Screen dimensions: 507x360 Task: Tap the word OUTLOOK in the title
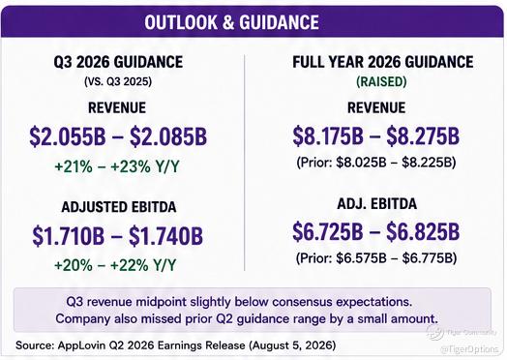[x=181, y=22]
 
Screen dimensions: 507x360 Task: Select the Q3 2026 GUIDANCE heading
[x=118, y=62]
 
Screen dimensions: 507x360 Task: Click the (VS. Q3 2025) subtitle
[x=118, y=81]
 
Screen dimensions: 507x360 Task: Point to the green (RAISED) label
[x=381, y=81]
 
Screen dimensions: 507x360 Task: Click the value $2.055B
[x=68, y=136]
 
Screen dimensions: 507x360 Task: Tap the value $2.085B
[x=168, y=136]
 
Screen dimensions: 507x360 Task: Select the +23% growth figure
[x=131, y=166]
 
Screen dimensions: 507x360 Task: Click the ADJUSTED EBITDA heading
[x=119, y=207]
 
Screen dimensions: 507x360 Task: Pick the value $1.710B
[x=69, y=236]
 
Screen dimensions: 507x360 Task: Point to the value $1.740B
[x=165, y=236]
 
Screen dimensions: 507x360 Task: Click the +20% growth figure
[x=74, y=265]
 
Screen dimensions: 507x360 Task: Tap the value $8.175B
[x=328, y=135]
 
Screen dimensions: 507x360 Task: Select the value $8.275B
[x=423, y=135]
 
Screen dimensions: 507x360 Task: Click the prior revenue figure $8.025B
[x=361, y=163]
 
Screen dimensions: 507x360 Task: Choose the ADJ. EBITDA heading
[x=377, y=204]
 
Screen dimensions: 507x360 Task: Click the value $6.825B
[x=423, y=231]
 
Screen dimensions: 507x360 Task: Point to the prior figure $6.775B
[x=427, y=258]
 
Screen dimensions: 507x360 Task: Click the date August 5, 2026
[x=293, y=345]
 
